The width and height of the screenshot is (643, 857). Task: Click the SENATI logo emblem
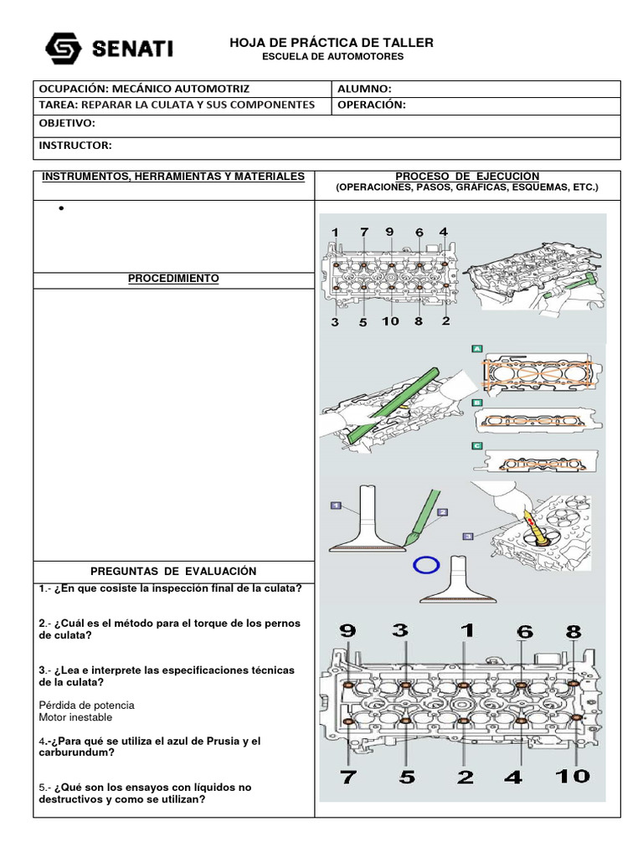click(x=62, y=49)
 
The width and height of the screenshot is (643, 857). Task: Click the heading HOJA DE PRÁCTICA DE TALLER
click(x=332, y=42)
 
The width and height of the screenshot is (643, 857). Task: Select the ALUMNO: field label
click(x=365, y=89)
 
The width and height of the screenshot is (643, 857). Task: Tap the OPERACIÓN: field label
click(x=372, y=105)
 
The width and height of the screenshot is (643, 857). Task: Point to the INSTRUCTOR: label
click(x=75, y=146)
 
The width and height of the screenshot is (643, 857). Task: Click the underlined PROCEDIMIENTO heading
click(x=173, y=278)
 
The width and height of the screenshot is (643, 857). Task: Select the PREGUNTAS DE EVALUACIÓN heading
click(x=173, y=571)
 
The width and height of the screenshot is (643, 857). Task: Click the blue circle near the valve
click(x=426, y=565)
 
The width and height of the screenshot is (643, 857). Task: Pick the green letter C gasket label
click(x=477, y=446)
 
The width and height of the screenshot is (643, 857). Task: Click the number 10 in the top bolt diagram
click(x=390, y=321)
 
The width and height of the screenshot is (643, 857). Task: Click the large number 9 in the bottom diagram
click(x=347, y=632)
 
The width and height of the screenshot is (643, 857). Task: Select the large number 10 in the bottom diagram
click(x=573, y=776)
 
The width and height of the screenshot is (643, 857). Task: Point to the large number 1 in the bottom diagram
click(x=466, y=632)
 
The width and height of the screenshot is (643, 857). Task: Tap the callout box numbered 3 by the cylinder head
click(x=467, y=535)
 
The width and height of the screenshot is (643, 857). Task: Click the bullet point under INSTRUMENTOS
click(x=62, y=209)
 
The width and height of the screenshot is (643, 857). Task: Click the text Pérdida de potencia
click(x=86, y=705)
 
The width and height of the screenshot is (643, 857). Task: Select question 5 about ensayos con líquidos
click(x=145, y=793)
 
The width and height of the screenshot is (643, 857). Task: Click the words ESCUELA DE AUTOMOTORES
click(x=332, y=57)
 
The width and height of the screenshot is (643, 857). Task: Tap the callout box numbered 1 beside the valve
click(x=336, y=505)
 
